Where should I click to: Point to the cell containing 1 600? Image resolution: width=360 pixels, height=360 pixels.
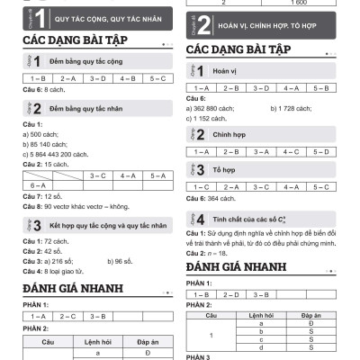click(301, 4)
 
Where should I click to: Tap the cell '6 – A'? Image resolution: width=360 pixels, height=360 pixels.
click(38, 184)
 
